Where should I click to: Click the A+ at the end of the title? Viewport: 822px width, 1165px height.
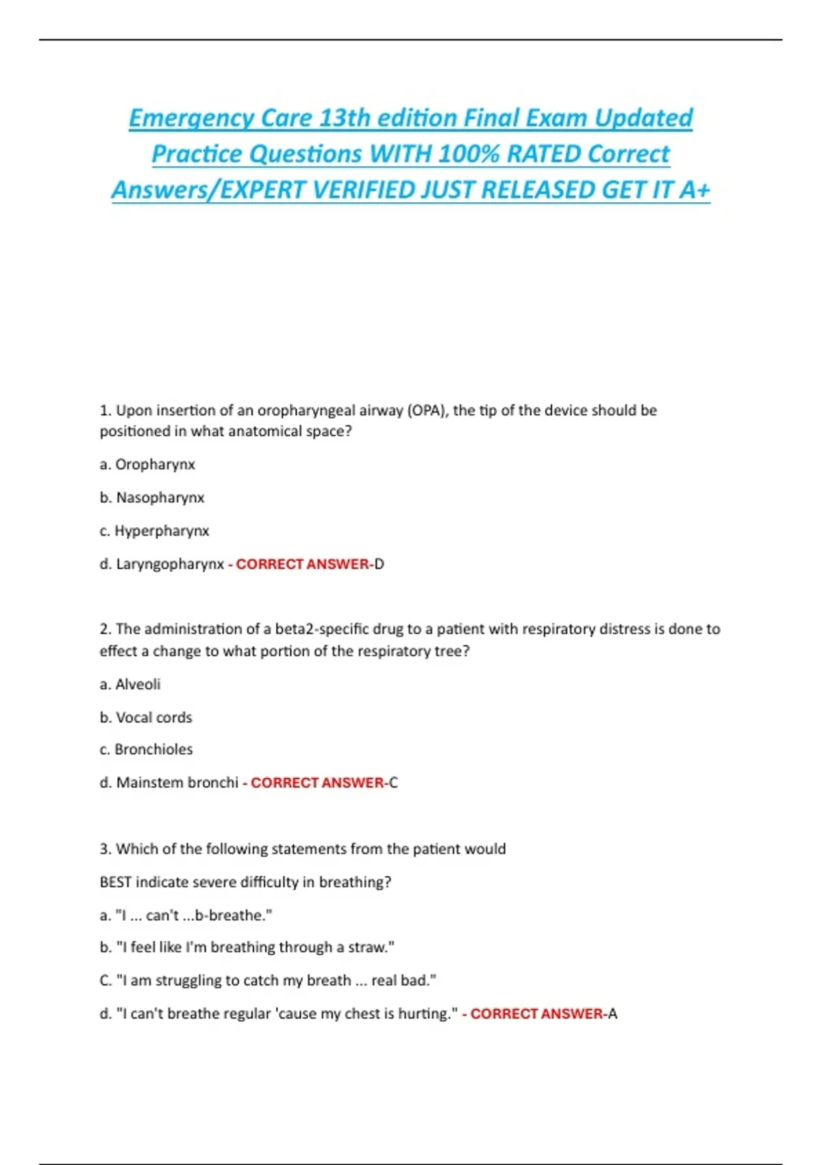[695, 190]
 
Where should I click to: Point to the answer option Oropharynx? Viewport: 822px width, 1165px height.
[155, 465]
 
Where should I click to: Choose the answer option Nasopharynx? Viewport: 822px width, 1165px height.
[160, 498]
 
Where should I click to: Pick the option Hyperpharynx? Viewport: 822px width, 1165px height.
[162, 531]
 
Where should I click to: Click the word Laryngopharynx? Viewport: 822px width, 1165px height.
[170, 564]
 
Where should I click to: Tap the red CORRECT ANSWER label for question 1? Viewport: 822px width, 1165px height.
[303, 564]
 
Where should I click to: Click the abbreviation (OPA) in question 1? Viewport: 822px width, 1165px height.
[427, 410]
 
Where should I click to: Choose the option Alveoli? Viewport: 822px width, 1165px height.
[138, 685]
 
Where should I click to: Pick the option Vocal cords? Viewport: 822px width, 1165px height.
[154, 718]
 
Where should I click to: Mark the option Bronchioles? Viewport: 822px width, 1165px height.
[153, 750]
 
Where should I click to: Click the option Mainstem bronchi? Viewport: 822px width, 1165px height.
[177, 783]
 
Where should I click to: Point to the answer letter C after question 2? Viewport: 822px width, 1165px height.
[393, 783]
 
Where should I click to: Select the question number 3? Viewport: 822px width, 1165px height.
[105, 849]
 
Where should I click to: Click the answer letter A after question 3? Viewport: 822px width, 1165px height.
[612, 1014]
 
